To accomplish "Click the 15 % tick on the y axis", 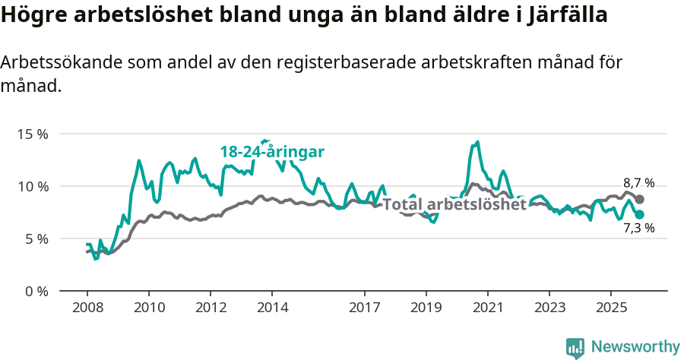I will [x=32, y=134].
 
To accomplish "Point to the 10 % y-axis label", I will [x=32, y=186].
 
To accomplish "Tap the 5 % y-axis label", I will [x=35, y=238].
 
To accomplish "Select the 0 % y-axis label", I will [x=35, y=291].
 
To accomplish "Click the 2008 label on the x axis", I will [x=87, y=308].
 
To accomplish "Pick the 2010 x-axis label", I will [x=148, y=308].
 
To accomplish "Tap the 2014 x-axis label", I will [x=272, y=308].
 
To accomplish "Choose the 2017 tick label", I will [x=364, y=308].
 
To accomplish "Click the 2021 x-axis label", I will [x=487, y=308].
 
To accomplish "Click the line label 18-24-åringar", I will [x=272, y=152].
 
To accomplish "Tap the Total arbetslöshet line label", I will [x=454, y=204].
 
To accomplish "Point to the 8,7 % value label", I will [x=638, y=183].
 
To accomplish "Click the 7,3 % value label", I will [x=638, y=227].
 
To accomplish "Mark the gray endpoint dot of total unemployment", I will [x=640, y=199].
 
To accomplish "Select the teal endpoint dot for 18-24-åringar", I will [x=640, y=214].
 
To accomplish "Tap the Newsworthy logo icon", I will [x=575, y=348].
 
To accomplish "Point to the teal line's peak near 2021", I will [x=477, y=142].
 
